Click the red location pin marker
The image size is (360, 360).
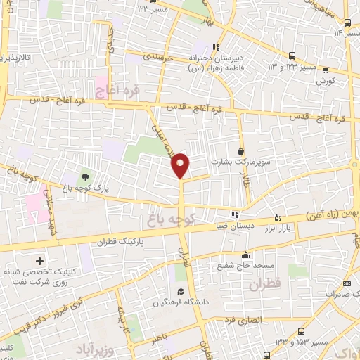coord(181,165)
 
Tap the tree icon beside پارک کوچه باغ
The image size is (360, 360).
coord(86,176)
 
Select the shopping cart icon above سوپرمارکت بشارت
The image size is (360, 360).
coord(241,150)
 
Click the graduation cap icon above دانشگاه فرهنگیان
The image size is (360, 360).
coord(181,292)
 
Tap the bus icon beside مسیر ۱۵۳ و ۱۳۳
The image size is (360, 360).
coord(302,330)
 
